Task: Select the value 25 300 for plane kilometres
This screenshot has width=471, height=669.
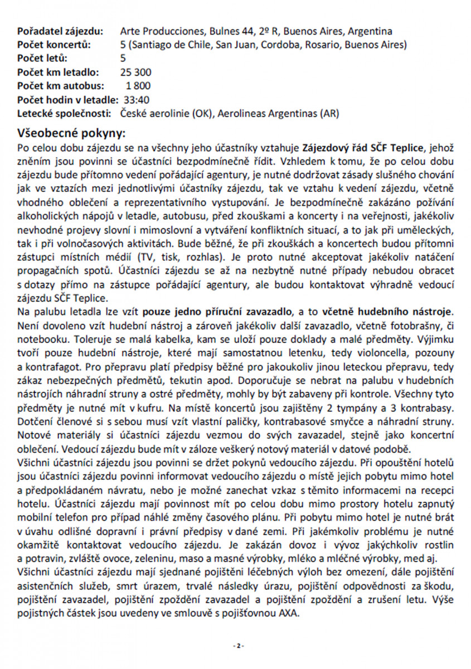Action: pos(135,72)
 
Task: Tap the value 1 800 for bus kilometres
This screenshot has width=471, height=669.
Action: pos(138,86)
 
